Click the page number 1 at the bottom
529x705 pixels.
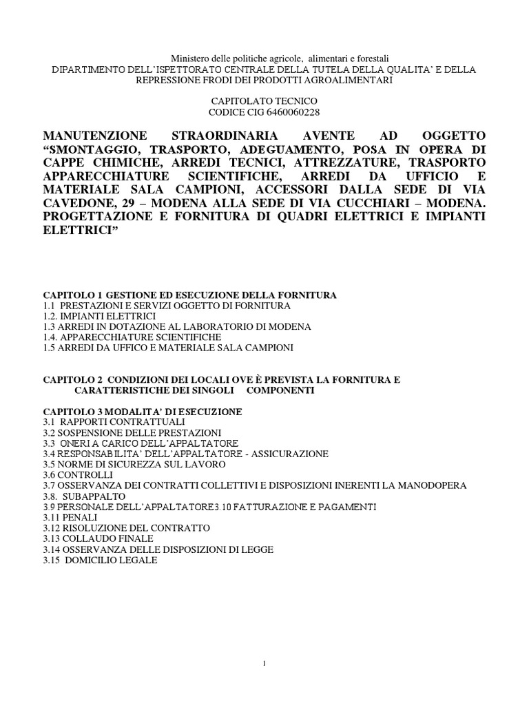pyautogui.click(x=264, y=663)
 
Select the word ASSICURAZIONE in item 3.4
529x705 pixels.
pyautogui.click(x=289, y=453)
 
